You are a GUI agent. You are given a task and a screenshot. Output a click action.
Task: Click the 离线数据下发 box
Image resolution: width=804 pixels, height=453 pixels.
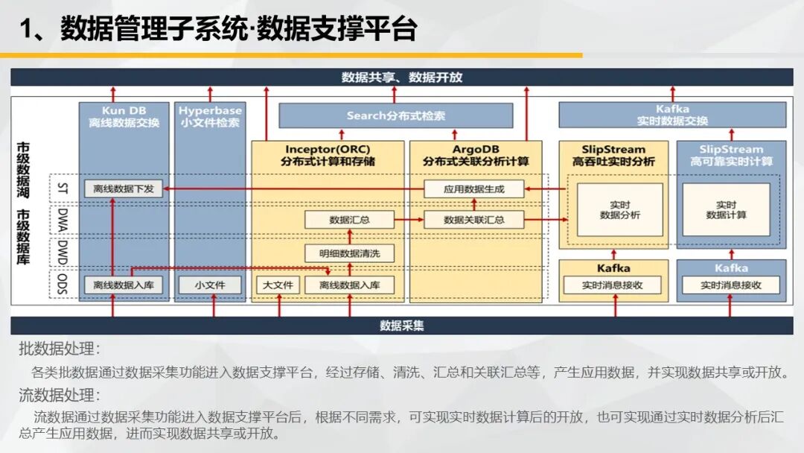pos(123,189)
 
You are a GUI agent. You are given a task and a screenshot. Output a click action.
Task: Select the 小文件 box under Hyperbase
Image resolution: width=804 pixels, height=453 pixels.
pos(210,285)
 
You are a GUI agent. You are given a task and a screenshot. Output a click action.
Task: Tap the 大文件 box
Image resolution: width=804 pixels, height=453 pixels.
pos(278,285)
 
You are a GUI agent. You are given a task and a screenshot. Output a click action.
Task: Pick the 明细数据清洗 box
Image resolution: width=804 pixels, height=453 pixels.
pos(350,253)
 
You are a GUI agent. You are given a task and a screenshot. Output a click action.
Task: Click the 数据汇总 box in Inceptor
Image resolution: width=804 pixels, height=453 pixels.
pos(350,220)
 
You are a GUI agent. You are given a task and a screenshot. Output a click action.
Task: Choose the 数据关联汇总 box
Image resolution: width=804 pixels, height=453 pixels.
pos(473,220)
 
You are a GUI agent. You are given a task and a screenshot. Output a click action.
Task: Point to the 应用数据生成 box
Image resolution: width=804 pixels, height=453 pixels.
pos(473,189)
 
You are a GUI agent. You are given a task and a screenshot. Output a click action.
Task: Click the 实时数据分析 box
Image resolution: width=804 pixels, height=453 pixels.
pos(620,210)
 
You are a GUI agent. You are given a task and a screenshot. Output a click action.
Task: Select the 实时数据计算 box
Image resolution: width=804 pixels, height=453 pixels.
pos(726,210)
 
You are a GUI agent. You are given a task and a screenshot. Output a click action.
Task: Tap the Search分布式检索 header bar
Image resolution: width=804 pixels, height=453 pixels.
pos(396,115)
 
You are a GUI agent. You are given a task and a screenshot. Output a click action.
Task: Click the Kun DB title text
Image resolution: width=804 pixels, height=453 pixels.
pos(124,110)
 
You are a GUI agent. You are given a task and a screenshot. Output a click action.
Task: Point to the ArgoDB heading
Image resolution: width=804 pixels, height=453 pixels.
pos(476,149)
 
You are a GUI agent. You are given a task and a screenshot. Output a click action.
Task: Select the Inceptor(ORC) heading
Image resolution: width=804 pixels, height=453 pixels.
pos(328,149)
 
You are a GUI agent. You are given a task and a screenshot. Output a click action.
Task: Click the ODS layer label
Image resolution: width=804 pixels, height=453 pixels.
pos(62,284)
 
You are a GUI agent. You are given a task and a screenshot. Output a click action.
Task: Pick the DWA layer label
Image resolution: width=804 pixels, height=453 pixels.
pos(62,220)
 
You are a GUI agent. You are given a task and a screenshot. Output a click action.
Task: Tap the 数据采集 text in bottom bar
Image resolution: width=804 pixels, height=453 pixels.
pos(402,326)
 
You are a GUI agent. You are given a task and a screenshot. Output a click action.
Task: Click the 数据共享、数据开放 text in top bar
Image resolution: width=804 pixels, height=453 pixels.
pos(402,77)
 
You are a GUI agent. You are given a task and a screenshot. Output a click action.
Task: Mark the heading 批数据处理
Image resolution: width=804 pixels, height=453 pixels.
pos(59,349)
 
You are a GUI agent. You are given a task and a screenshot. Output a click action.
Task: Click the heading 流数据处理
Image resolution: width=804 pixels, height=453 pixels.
pos(59,395)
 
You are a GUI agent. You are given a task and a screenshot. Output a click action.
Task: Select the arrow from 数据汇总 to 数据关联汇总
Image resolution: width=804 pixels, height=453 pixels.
pos(409,220)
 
